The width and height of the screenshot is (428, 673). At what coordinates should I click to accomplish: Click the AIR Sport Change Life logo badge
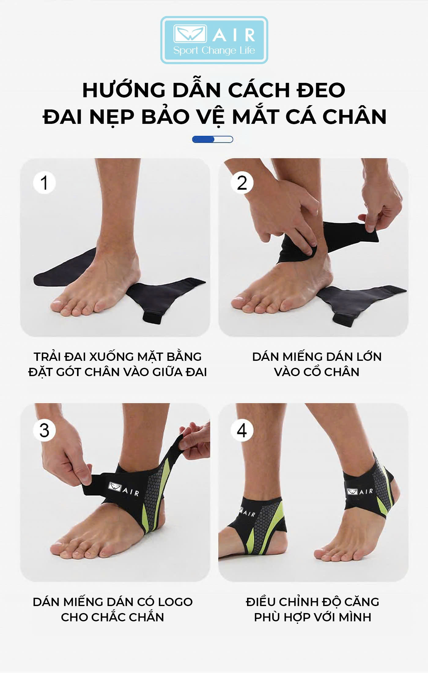click(x=214, y=40)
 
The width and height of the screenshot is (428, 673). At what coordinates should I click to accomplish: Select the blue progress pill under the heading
click(x=212, y=139)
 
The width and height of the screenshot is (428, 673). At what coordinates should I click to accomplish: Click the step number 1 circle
click(x=44, y=183)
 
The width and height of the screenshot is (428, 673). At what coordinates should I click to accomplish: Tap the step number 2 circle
click(x=242, y=183)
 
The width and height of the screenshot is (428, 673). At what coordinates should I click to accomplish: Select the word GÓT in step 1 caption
click(x=70, y=372)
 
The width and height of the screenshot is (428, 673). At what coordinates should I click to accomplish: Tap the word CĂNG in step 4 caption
click(x=362, y=602)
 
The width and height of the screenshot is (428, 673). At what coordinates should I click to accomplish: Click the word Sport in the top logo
click(x=186, y=50)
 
